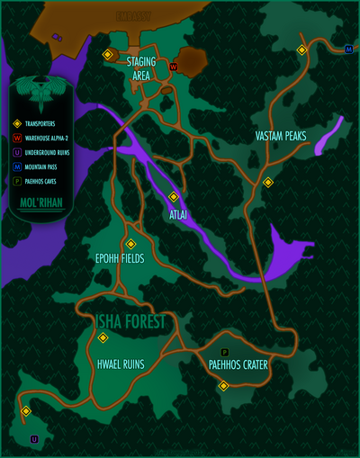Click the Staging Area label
140,68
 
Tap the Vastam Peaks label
281,136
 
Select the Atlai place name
179,215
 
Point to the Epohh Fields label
120,258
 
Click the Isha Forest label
131,321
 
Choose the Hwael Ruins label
121,364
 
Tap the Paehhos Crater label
238,364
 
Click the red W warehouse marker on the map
173,67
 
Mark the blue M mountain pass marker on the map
348,49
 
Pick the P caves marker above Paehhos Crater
224,351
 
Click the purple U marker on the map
34,439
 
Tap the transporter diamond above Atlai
174,196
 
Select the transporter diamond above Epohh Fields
130,244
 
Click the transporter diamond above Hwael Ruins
103,337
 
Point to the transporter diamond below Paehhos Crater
223,386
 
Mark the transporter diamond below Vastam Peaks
267,182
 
